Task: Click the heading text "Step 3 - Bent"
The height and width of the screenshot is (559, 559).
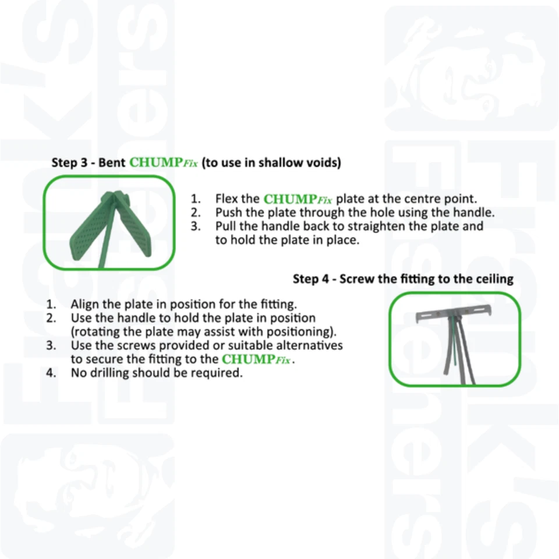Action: [x=88, y=162]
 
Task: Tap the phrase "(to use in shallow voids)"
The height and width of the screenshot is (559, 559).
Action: [x=271, y=162]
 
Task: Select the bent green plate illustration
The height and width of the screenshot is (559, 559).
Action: [x=109, y=224]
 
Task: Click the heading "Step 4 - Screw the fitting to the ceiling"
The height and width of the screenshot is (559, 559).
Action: [x=403, y=279]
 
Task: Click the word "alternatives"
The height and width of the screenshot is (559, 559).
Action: [x=309, y=345]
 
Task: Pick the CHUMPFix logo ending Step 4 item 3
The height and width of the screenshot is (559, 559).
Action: [x=256, y=359]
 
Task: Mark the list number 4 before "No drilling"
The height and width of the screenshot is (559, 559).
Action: [x=52, y=373]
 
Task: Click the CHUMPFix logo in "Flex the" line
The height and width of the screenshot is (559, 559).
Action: [x=298, y=199]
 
